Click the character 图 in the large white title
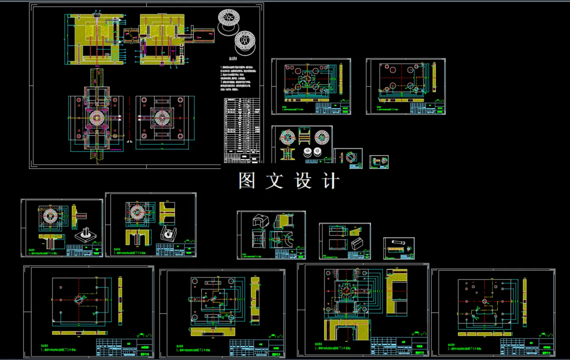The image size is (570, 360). [x=247, y=181]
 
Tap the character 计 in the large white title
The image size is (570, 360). [x=330, y=181]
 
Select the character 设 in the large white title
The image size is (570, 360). [x=303, y=181]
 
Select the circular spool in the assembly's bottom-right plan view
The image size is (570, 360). [x=162, y=117]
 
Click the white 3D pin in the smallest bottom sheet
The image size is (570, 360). [x=399, y=242]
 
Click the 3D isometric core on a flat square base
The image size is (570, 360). [x=85, y=236]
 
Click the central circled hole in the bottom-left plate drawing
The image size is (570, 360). [x=80, y=300]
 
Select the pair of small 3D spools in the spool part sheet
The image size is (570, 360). [x=313, y=152]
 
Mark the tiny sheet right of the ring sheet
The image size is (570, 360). [x=379, y=161]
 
